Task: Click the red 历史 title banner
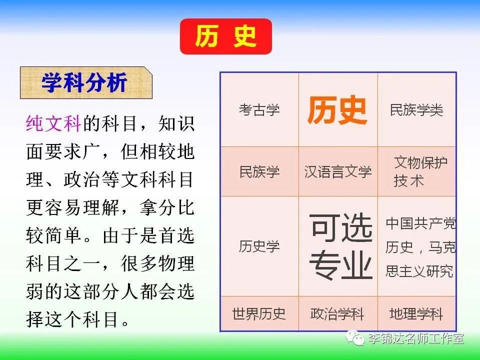[x=226, y=36]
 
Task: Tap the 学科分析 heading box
[x=86, y=82]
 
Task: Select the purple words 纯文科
[x=53, y=123]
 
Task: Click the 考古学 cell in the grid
[x=259, y=109]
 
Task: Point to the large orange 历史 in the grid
[x=337, y=110]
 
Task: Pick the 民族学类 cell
[x=416, y=109]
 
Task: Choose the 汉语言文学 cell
[x=338, y=171]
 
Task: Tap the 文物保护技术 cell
[x=416, y=171]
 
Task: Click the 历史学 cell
[x=259, y=246]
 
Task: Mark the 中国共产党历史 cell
[x=416, y=246]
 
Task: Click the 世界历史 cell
[x=259, y=313]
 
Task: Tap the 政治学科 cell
[x=338, y=313]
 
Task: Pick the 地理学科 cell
[x=416, y=313]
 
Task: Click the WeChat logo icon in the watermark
[x=355, y=337]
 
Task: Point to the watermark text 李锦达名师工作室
[x=416, y=338]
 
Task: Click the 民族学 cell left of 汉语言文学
[x=259, y=171]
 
